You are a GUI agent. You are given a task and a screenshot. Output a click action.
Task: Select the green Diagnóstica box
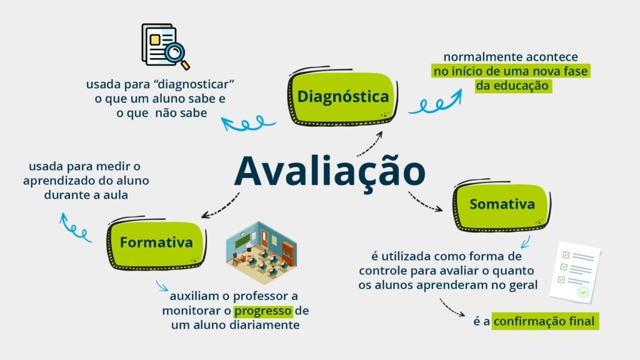click(x=343, y=97)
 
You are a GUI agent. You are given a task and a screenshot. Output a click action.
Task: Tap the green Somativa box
click(x=502, y=205)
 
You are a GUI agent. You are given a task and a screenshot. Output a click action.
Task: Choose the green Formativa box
click(x=156, y=242)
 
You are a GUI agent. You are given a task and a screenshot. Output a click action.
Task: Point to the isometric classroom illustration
click(x=261, y=252)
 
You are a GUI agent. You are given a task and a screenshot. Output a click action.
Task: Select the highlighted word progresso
click(x=263, y=311)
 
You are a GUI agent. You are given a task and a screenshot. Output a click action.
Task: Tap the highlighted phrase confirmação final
click(x=544, y=321)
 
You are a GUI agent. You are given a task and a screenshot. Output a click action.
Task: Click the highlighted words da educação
click(x=512, y=86)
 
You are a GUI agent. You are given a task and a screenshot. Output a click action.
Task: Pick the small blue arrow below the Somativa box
click(x=526, y=242)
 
